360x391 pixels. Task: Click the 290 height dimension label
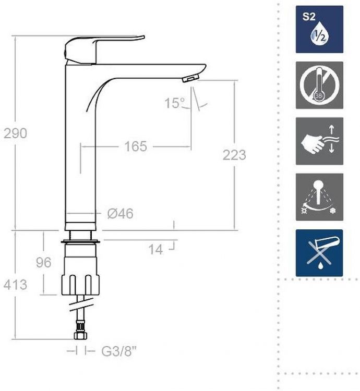15,133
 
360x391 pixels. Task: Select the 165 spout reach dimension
136,147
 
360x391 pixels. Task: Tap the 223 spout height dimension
234,155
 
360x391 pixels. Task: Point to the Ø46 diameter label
120,213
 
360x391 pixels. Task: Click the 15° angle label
175,103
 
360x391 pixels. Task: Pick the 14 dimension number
155,250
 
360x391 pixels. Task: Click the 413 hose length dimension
15,285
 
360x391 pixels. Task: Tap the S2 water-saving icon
319,29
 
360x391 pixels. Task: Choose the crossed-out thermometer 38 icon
319,85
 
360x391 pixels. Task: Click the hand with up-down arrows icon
319,141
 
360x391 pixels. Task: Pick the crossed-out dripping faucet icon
319,253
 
